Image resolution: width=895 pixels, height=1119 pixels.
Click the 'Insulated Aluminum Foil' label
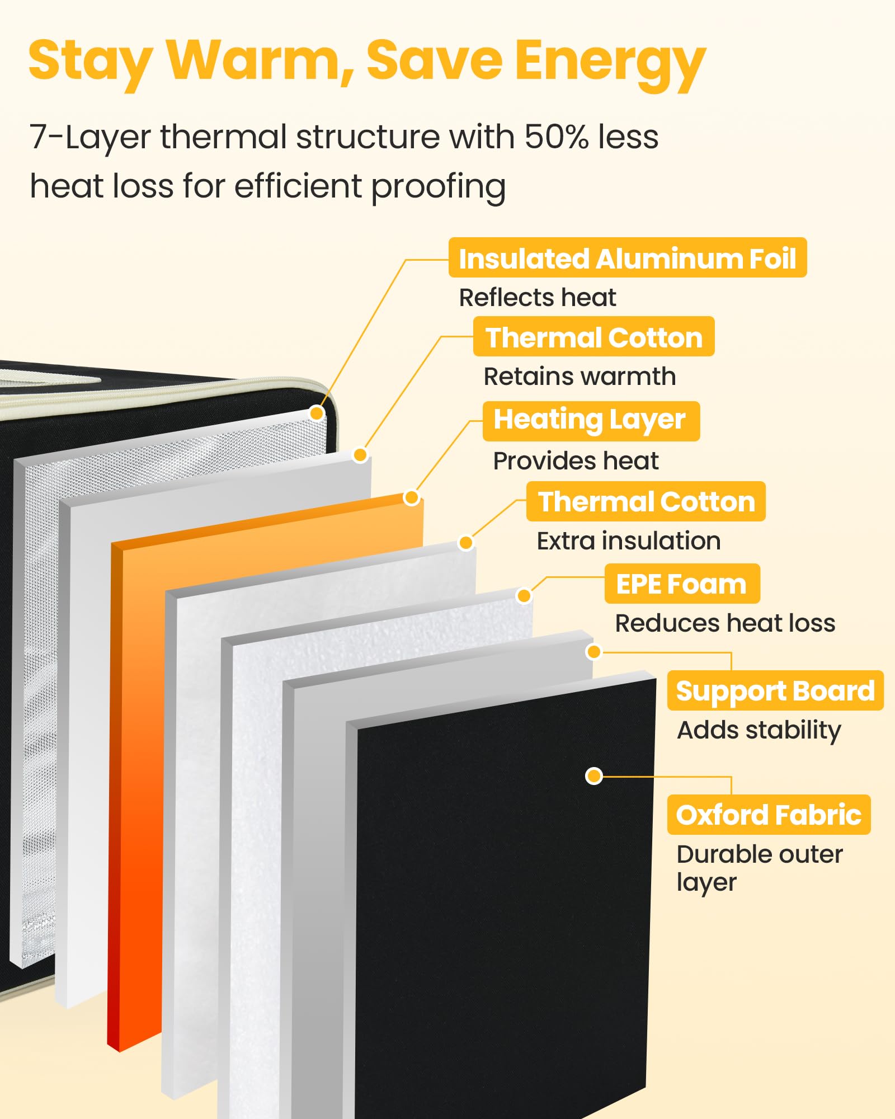628,257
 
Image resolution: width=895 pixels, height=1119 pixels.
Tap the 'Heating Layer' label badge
591,421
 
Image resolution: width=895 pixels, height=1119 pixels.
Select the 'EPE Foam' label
682,584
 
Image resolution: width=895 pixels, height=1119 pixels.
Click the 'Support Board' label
775,690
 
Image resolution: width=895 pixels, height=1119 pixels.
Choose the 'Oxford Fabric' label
769,815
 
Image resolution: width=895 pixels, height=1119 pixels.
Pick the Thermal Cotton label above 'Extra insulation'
646,501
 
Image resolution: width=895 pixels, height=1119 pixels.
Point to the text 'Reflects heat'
538,298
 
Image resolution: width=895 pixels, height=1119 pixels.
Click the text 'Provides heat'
576,461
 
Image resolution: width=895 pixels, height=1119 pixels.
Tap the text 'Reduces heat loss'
725,623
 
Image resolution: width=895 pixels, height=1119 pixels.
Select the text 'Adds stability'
759,731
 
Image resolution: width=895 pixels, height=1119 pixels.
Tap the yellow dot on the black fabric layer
593,776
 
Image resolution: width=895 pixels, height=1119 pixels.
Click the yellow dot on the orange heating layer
412,497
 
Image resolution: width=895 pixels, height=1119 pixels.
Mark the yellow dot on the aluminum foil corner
317,413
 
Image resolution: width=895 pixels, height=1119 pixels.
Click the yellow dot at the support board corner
593,651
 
